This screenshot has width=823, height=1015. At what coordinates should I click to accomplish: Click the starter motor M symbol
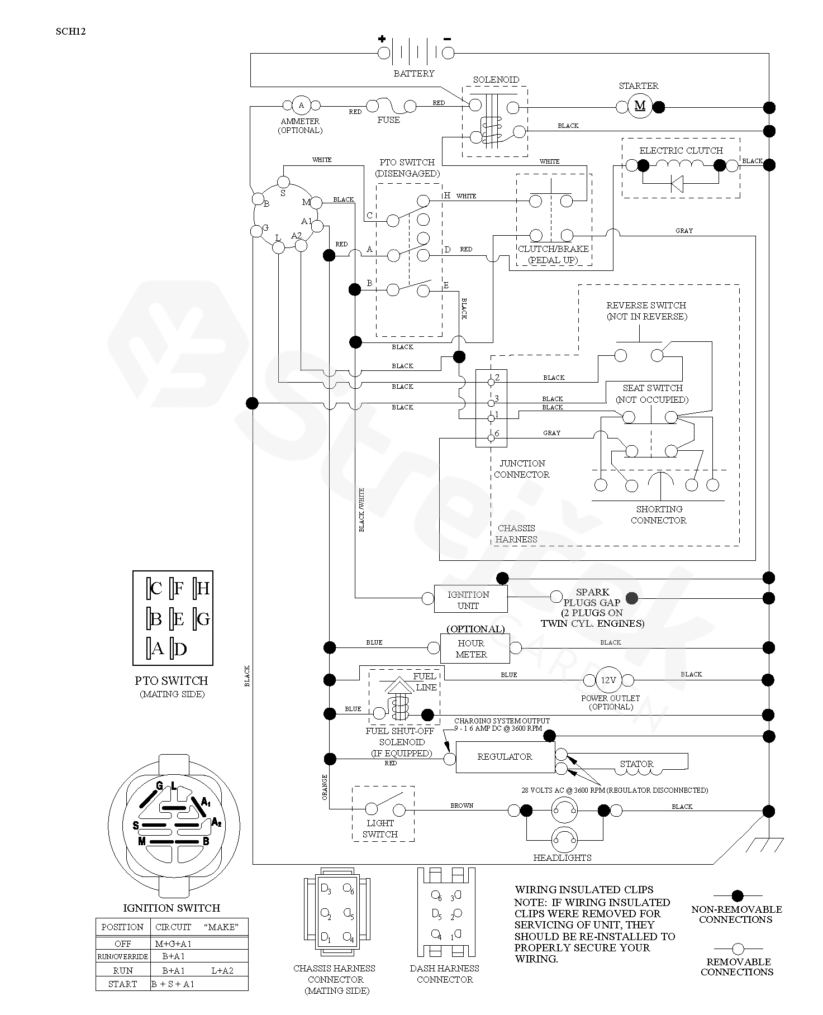pyautogui.click(x=640, y=106)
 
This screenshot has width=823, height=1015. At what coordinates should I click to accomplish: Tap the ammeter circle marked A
pyautogui.click(x=302, y=105)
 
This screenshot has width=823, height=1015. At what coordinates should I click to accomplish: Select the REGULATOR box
pyautogui.click(x=505, y=757)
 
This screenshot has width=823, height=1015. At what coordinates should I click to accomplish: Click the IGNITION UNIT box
pyautogui.click(x=471, y=599)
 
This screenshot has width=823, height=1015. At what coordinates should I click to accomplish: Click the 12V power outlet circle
pyautogui.click(x=608, y=680)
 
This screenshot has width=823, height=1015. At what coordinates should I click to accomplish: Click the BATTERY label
pyautogui.click(x=414, y=73)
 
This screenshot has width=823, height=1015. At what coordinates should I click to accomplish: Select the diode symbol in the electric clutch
pyautogui.click(x=677, y=183)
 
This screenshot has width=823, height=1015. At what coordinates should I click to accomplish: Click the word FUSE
pyautogui.click(x=388, y=120)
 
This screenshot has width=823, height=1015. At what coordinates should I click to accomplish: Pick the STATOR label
pyautogui.click(x=636, y=764)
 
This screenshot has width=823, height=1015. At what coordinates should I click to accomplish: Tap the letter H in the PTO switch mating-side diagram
pyautogui.click(x=203, y=588)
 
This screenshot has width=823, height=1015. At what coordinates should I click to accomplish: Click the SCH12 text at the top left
pyautogui.click(x=70, y=32)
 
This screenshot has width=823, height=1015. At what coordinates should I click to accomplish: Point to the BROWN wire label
pyautogui.click(x=462, y=806)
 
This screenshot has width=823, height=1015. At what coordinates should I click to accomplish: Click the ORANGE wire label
pyautogui.click(x=325, y=787)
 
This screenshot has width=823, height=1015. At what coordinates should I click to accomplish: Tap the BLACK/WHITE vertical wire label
pyautogui.click(x=361, y=510)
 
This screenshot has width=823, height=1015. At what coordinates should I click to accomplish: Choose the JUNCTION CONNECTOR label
pyautogui.click(x=522, y=469)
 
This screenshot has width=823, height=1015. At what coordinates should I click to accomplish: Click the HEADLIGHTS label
pyautogui.click(x=563, y=857)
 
